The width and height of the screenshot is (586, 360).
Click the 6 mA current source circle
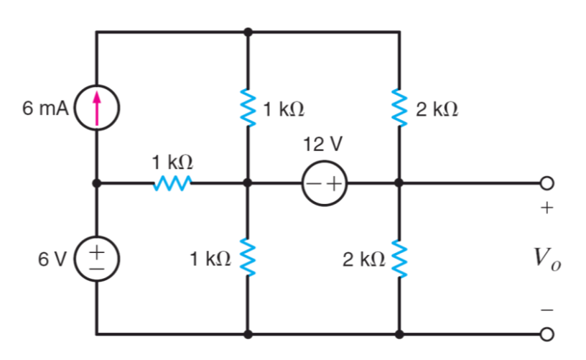click(96, 110)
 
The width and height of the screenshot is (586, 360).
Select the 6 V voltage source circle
click(96, 258)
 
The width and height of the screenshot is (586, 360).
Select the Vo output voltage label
click(547, 259)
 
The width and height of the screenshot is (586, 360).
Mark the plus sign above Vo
click(547, 209)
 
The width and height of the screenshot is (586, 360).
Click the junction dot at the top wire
click(248, 32)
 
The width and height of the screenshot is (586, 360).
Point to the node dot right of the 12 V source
click(398, 184)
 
